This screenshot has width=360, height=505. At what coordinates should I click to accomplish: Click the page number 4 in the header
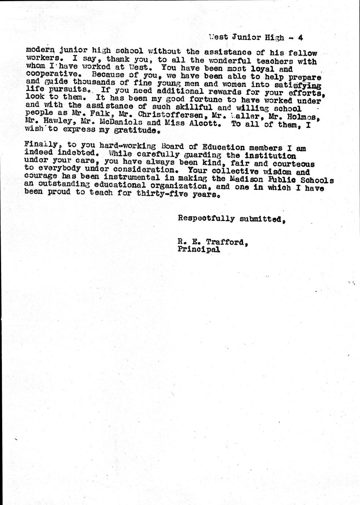click(300, 37)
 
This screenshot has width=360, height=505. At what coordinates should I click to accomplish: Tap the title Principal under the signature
click(199, 250)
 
